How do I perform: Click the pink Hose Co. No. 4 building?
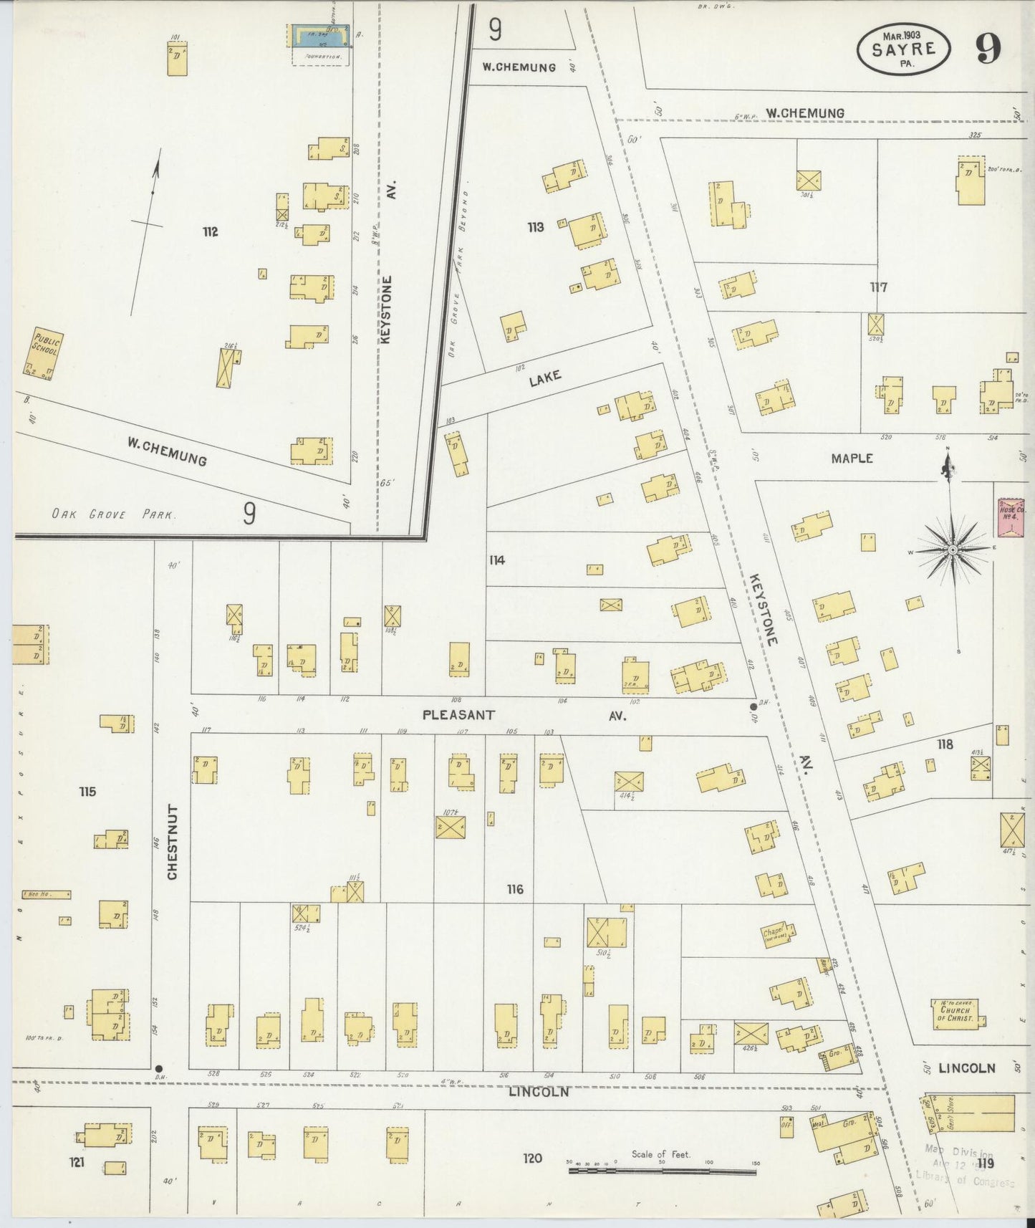click(x=1011, y=517)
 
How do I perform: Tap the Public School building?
click(x=44, y=353)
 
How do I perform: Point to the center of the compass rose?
click(x=953, y=550)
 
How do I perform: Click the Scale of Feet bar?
click(x=663, y=1172)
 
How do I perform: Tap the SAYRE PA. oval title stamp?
click(x=905, y=49)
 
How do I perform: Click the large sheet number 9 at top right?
click(x=988, y=48)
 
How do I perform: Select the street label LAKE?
click(x=545, y=378)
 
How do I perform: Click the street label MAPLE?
click(x=852, y=458)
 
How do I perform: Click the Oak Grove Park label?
click(x=112, y=514)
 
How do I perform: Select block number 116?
click(x=515, y=889)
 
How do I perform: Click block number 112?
click(x=210, y=231)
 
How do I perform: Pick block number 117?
click(x=879, y=287)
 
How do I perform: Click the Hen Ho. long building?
click(x=47, y=894)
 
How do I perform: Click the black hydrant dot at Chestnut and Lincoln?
click(x=159, y=1068)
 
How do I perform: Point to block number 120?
click(x=532, y=1158)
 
